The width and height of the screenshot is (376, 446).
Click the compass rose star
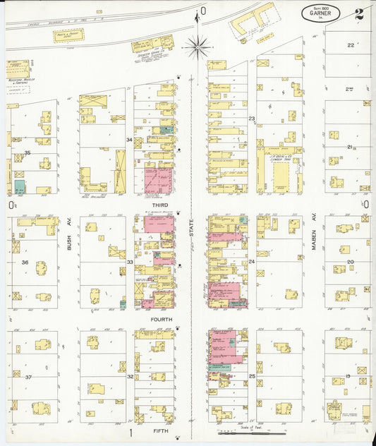click(198, 47)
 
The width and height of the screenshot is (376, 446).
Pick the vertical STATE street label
click(191, 232)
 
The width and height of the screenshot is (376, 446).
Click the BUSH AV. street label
click(69, 243)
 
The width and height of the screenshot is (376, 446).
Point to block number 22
click(350, 45)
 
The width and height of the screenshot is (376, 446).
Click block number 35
click(28, 153)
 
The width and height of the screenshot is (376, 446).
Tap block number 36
click(25, 263)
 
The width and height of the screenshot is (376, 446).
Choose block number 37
click(28, 378)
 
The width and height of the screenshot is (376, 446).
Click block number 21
click(349, 147)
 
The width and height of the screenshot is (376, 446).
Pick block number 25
click(252, 378)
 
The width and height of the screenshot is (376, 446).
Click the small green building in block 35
click(20, 187)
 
